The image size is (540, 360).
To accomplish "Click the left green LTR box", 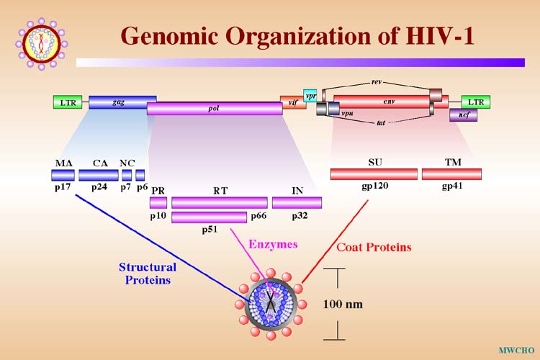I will [68, 102].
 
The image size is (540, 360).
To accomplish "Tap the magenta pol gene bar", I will [215, 109].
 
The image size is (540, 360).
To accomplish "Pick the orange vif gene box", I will [292, 102].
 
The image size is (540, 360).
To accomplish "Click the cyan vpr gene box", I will [310, 96].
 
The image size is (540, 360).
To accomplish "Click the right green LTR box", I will [475, 102].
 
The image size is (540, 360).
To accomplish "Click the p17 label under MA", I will [61, 187].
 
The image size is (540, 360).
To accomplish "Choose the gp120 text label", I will [374, 186].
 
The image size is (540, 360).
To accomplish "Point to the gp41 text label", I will [452, 186].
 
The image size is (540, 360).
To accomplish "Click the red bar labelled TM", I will [451, 174].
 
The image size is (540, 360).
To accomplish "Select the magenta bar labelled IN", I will [297, 202].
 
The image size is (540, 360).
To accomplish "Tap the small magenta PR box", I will [158, 202].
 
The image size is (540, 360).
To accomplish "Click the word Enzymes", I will [273, 244].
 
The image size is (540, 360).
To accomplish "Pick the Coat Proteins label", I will [374, 247].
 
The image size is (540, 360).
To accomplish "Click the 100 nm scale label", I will [343, 304].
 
